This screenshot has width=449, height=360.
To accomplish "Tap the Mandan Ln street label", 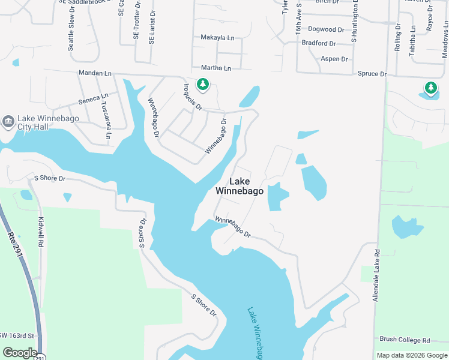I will click(95, 73).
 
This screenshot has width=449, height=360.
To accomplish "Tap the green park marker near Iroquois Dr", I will click(203, 85).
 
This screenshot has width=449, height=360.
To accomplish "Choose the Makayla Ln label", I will click(217, 38).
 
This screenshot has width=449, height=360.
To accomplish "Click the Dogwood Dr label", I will click(326, 29).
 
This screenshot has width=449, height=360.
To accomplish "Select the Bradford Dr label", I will click(319, 43).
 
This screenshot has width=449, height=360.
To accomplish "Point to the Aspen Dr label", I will click(334, 59).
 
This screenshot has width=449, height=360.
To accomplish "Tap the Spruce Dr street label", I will click(372, 74).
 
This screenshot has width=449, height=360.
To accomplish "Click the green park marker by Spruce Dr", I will click(430, 88).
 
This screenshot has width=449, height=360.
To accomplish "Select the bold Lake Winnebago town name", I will click(240, 186).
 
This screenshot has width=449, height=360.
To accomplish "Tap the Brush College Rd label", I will click(402, 340).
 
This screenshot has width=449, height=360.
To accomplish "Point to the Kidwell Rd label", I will click(41, 232).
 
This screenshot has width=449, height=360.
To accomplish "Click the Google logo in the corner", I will click(20, 353).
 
